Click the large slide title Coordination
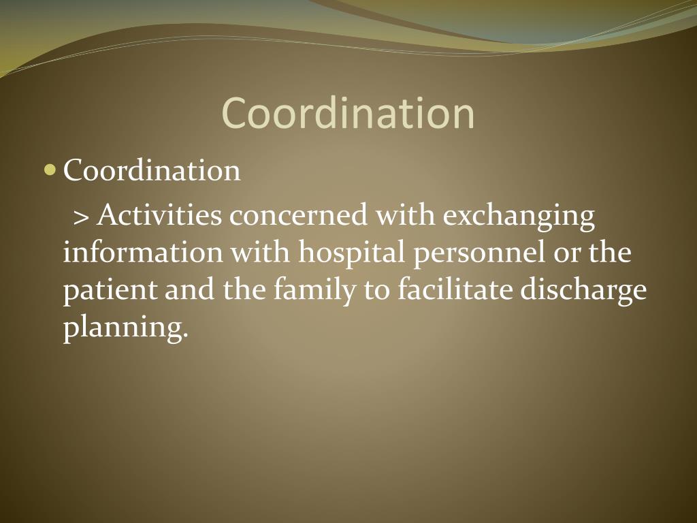[x=348, y=113]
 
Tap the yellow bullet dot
[x=50, y=170]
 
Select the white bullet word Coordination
[x=152, y=170]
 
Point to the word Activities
[x=159, y=215]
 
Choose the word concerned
[x=299, y=215]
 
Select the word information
[x=143, y=252]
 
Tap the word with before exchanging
[x=406, y=215]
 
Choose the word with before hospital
[x=261, y=252]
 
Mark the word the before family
[x=244, y=289]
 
